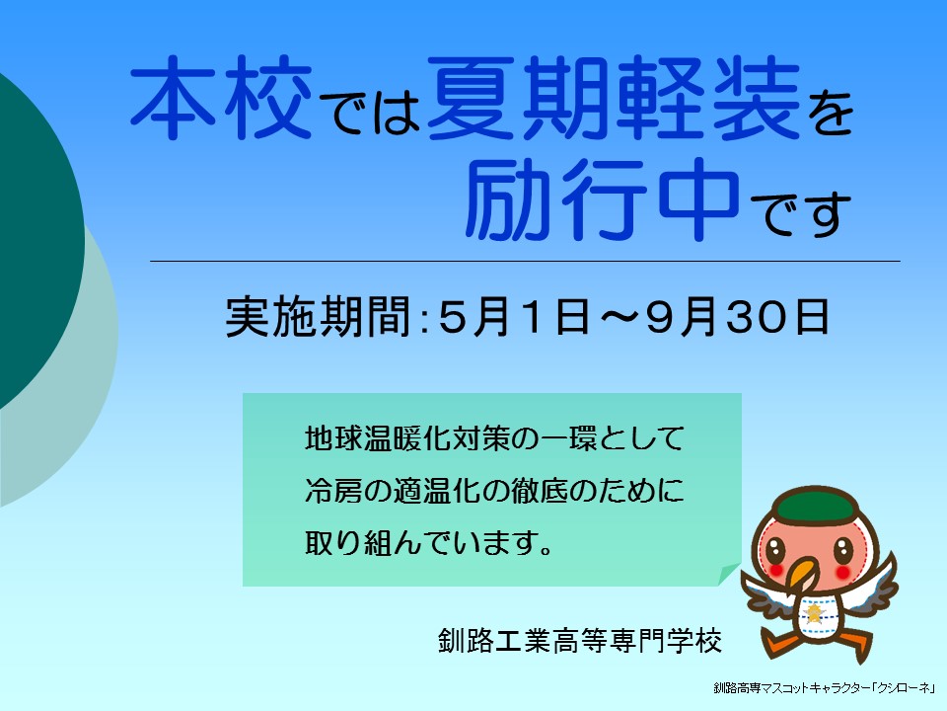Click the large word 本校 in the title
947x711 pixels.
(x=221, y=97)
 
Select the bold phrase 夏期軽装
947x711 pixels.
(x=614, y=97)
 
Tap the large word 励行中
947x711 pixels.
(x=602, y=199)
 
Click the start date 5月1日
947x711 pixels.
(x=514, y=316)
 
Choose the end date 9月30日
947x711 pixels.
(x=738, y=316)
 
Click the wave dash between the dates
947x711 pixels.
(x=618, y=316)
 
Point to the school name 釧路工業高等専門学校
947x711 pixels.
(x=580, y=641)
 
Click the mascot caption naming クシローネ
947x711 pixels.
(x=825, y=688)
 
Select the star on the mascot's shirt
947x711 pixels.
(x=815, y=614)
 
